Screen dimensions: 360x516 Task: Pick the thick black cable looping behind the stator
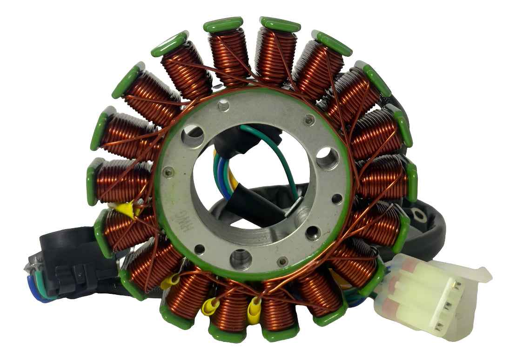pos(430,233)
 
